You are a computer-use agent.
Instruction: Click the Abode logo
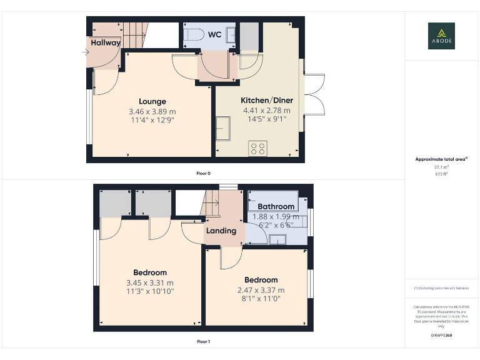click(x=441, y=36)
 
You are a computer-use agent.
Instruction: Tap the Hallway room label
click(x=105, y=42)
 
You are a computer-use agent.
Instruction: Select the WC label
click(x=214, y=34)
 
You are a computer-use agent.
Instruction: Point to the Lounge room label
click(x=152, y=101)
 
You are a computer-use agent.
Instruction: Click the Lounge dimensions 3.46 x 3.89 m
click(x=152, y=111)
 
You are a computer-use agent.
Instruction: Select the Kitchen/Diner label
click(x=267, y=100)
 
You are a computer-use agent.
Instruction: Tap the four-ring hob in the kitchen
click(x=257, y=148)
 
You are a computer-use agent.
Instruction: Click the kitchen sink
click(x=224, y=128)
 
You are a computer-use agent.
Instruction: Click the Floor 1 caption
click(x=203, y=342)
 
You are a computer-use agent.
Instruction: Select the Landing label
click(x=221, y=231)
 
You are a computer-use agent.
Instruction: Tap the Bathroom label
click(x=276, y=206)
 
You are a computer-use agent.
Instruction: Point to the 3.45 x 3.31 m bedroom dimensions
click(x=150, y=282)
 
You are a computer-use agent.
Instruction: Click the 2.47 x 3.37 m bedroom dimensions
click(x=261, y=290)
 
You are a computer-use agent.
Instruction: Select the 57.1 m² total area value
click(x=441, y=167)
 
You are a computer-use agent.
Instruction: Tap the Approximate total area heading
click(x=441, y=159)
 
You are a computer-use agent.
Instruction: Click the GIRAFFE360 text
click(x=441, y=336)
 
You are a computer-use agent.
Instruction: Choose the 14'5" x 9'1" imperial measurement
click(x=267, y=119)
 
